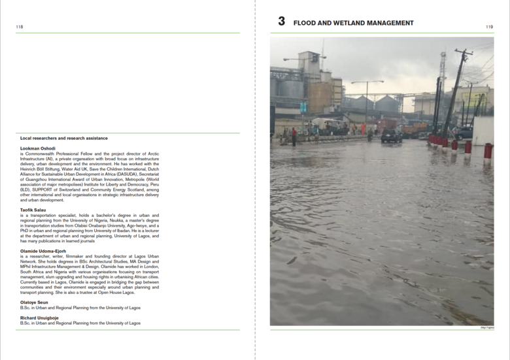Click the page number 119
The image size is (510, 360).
point(490,27)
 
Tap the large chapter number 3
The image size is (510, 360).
point(281,22)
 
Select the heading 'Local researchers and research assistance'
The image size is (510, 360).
point(64,138)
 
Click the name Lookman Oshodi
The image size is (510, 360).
point(38,148)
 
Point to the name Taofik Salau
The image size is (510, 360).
point(33,210)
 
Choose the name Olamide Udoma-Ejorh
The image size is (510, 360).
point(43,251)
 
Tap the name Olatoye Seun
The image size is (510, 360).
point(34,302)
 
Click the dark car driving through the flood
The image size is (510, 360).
point(392,137)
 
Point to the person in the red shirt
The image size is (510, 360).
point(294,135)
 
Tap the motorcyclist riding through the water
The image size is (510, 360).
point(369,136)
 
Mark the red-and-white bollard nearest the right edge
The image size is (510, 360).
point(488,152)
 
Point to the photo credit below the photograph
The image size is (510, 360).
point(487,328)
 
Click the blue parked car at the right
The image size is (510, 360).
point(464,132)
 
